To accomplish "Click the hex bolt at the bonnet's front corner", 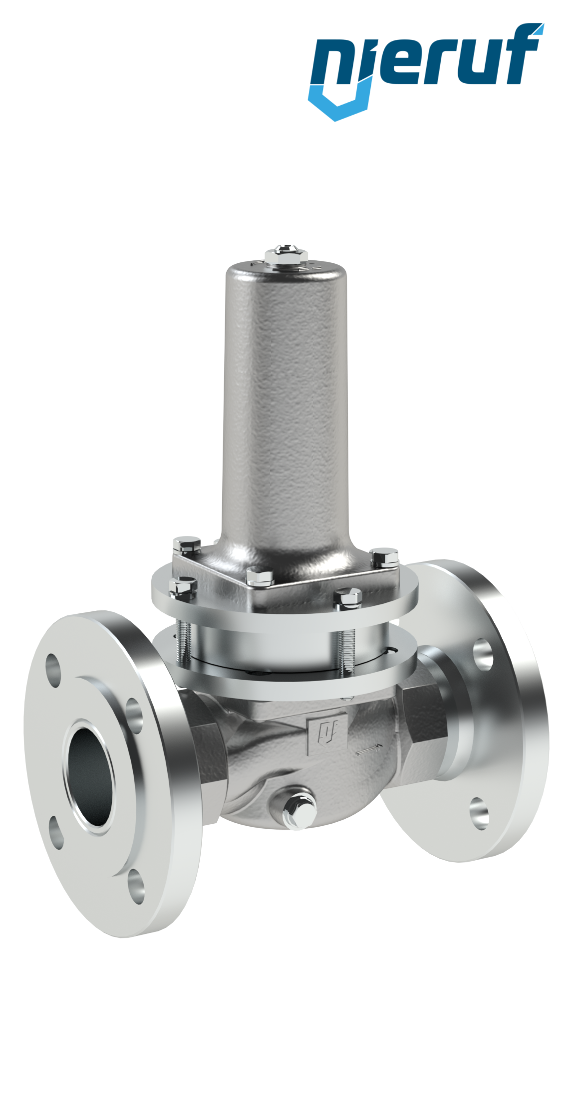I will click(260, 578).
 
